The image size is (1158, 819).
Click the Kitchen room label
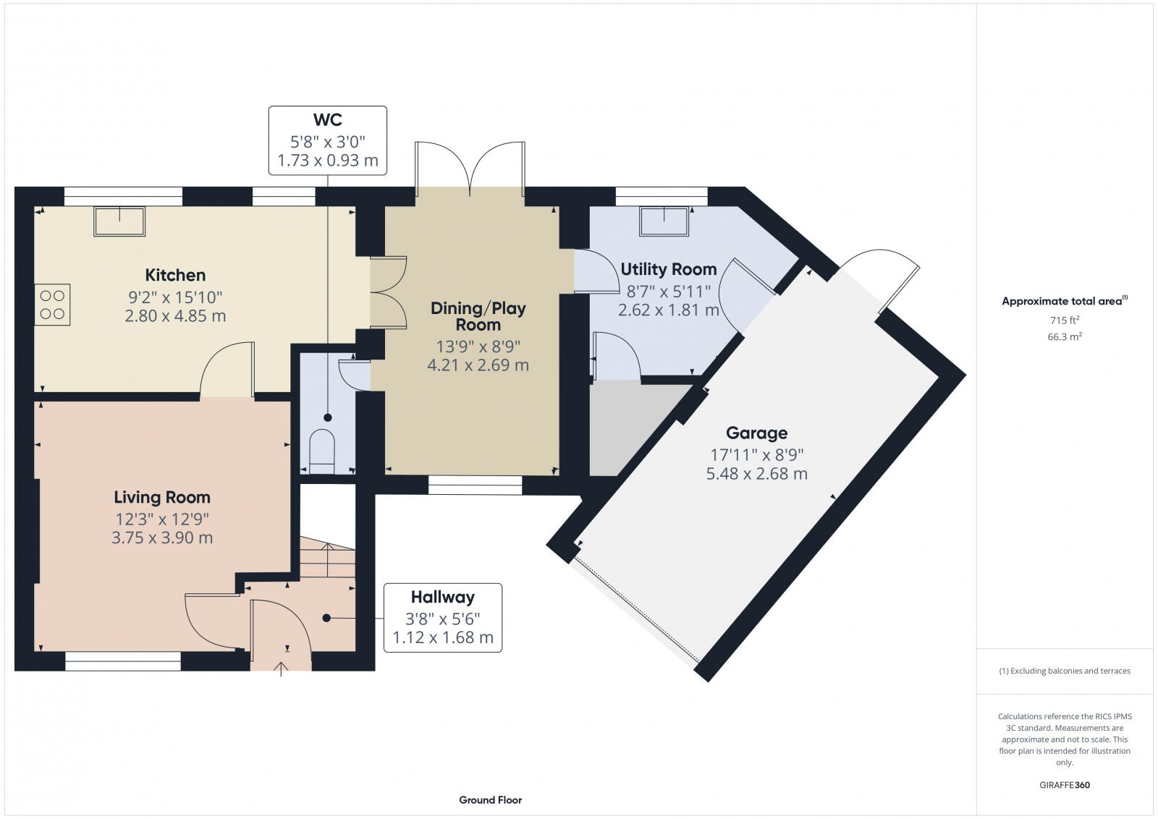click(175, 275)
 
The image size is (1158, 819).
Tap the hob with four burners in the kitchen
click(53, 305)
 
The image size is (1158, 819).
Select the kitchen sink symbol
click(119, 221)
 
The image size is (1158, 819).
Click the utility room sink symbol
click(664, 221)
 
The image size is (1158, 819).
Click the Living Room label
click(162, 497)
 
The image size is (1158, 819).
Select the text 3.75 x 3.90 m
click(162, 538)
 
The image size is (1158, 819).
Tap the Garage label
click(756, 433)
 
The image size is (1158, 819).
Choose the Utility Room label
click(668, 269)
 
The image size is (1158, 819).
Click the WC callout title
click(327, 120)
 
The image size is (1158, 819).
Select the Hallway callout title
click(442, 597)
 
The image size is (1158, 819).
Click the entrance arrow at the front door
click(282, 669)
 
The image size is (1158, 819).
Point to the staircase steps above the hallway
click(327, 559)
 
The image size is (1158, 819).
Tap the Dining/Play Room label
click(478, 316)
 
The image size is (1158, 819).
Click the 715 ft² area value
click(1064, 320)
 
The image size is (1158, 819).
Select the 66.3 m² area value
click(1064, 336)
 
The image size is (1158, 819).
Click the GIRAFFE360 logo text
click(1064, 785)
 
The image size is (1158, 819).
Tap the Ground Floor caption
click(490, 799)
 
